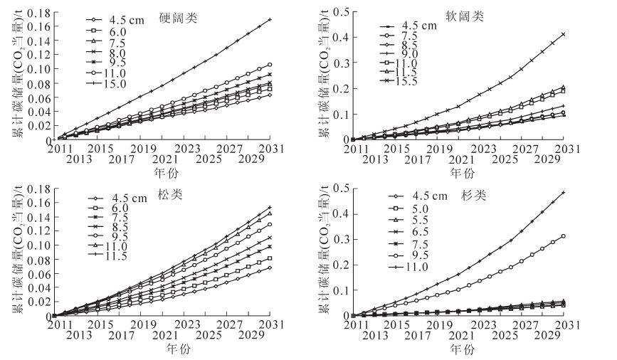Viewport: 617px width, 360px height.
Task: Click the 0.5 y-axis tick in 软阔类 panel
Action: (342, 11)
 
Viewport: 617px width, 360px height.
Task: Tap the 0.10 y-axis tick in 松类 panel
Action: (41, 245)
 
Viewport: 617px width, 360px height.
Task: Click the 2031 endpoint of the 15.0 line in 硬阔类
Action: (270, 19)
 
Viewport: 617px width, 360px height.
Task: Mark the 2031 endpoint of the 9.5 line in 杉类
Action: (564, 236)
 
